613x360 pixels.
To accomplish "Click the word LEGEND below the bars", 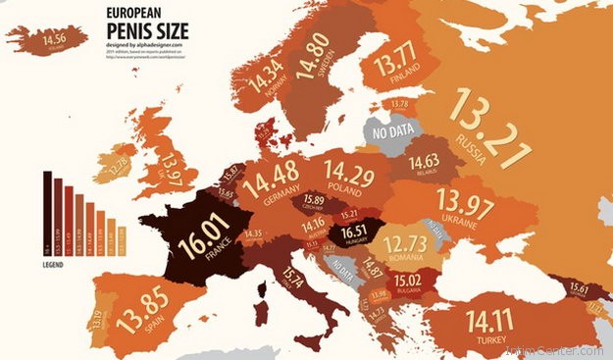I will click(55, 264).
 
